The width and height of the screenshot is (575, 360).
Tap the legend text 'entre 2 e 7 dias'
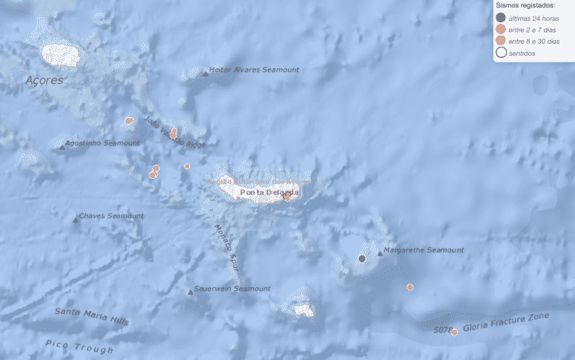pyautogui.click(x=533, y=29)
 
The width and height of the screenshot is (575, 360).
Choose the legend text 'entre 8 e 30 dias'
pyautogui.click(x=534, y=41)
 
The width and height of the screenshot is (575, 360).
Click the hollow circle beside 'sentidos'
pyautogui.click(x=502, y=53)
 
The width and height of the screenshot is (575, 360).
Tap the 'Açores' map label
pyautogui.click(x=45, y=80)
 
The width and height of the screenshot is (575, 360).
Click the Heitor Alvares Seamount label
pyautogui.click(x=254, y=70)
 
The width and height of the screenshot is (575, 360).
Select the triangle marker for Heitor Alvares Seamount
pyautogui.click(x=205, y=73)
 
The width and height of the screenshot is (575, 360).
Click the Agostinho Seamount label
pyautogui.click(x=102, y=143)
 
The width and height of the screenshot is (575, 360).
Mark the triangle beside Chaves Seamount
pyautogui.click(x=76, y=219)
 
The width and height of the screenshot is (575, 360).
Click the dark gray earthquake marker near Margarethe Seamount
pyautogui.click(x=362, y=258)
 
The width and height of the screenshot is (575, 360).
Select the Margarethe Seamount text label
pyautogui.click(x=424, y=250)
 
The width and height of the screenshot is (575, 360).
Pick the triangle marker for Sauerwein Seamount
pyautogui.click(x=191, y=292)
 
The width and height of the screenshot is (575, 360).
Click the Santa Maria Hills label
pyautogui.click(x=91, y=316)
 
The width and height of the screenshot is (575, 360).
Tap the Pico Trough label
pyautogui.click(x=79, y=346)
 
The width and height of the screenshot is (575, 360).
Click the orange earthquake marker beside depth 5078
pyautogui.click(x=454, y=332)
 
